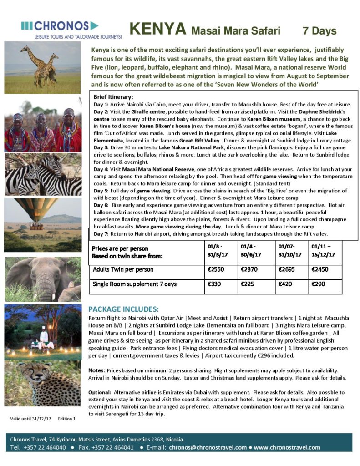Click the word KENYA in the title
pyautogui.click(x=157, y=30)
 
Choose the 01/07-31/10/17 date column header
pyautogui.click(x=289, y=251)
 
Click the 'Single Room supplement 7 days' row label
pyautogui.click(x=135, y=284)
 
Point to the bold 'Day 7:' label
pyautogui.click(x=100, y=233)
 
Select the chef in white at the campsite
pyautogui.click(x=44, y=337)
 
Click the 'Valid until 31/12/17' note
pyautogui.click(x=29, y=418)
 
